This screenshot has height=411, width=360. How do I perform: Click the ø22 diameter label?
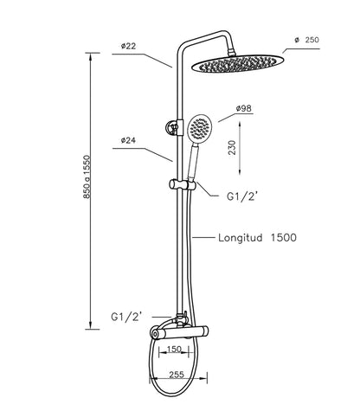pos(128,46)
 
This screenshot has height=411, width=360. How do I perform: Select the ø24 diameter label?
pos(128,140)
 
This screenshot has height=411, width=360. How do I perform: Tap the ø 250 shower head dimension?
pos(307,40)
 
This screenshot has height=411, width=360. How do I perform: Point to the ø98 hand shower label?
pos(244,108)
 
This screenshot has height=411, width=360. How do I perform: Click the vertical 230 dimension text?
pos(232,148)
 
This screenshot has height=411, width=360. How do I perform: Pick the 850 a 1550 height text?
pos(87,177)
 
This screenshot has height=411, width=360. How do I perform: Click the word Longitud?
pos(241,238)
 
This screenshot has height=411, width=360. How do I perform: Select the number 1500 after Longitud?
pos(284,238)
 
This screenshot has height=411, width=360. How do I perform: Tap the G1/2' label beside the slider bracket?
pos(241,196)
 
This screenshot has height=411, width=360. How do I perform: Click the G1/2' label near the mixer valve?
pos(126,317)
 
